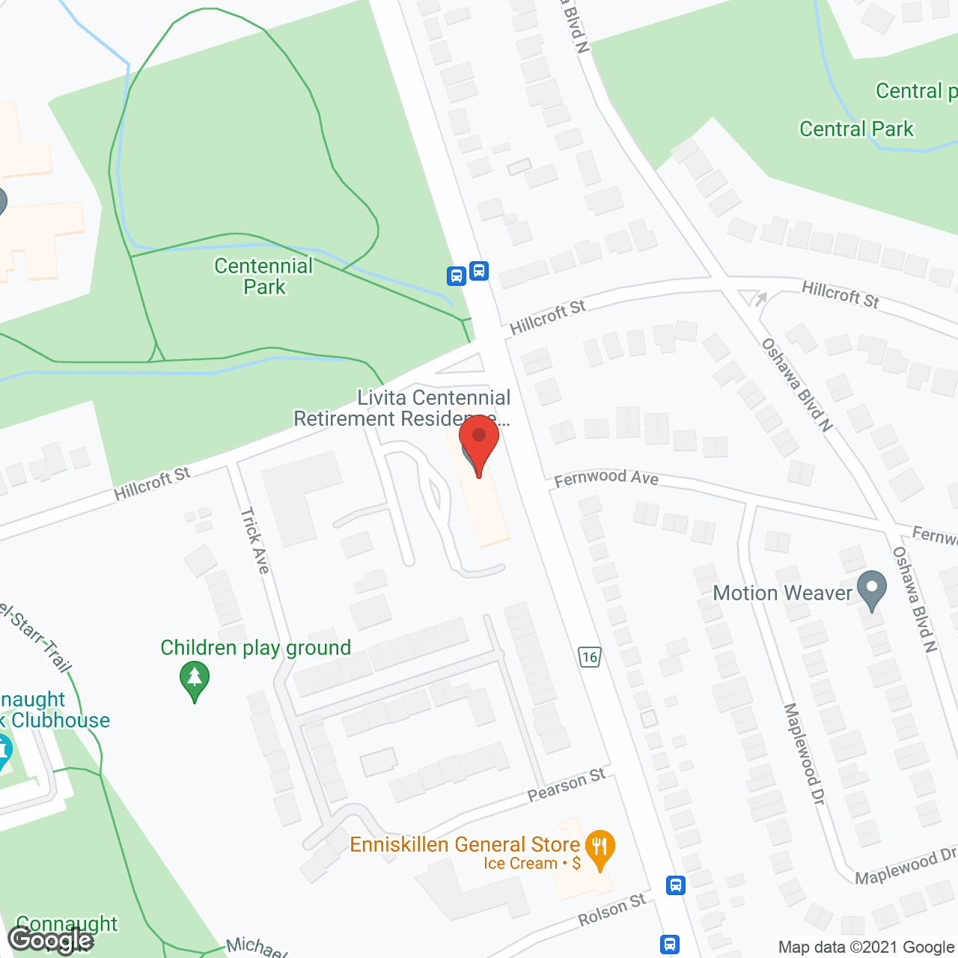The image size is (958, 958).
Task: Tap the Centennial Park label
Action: pos(263,276)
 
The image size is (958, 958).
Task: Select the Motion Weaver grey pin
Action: pos(871,591)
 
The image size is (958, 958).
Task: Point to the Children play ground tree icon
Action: pos(195,680)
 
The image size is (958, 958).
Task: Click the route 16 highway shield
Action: pos(590,657)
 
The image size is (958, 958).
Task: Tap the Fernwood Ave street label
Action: pos(606,478)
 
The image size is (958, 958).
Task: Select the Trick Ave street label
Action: pos(254,540)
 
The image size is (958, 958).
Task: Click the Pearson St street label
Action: pos(567,784)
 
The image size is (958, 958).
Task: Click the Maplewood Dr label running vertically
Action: pos(804,754)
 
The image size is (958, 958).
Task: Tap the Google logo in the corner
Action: pos(51,939)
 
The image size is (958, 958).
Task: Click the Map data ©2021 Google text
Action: pos(867,947)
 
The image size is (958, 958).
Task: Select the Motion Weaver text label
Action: pos(782,593)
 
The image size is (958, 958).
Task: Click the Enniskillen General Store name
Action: pos(465,844)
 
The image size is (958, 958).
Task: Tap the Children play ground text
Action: pos(256,647)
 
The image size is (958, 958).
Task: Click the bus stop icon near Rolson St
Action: pos(676,885)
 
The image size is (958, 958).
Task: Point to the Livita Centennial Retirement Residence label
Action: pos(402,408)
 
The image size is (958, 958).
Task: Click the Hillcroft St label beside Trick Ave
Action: pos(152,483)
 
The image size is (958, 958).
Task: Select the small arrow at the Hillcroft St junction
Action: pos(760,299)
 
